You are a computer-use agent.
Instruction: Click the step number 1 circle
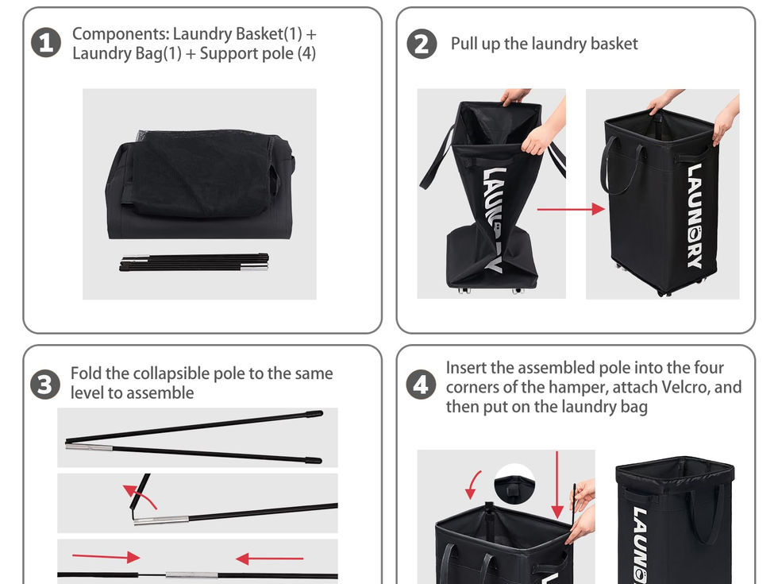[46, 43]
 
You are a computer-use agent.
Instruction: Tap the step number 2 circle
[422, 44]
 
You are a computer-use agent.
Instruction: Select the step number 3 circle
[45, 385]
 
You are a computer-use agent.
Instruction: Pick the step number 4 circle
[421, 385]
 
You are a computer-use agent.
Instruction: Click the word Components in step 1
[121, 33]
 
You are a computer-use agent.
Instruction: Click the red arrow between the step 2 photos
[571, 209]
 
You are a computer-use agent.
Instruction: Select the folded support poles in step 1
[194, 263]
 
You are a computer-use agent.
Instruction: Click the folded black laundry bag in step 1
[199, 184]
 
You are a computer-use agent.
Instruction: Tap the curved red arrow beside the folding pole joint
[140, 497]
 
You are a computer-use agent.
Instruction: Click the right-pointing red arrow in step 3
[106, 557]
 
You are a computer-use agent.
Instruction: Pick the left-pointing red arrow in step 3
[269, 559]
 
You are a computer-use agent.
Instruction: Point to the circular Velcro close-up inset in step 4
[514, 485]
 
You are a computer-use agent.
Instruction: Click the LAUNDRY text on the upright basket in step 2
[695, 216]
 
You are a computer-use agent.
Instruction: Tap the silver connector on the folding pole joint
[161, 520]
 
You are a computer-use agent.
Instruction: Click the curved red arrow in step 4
[473, 485]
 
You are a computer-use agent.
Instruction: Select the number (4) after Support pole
[306, 54]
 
